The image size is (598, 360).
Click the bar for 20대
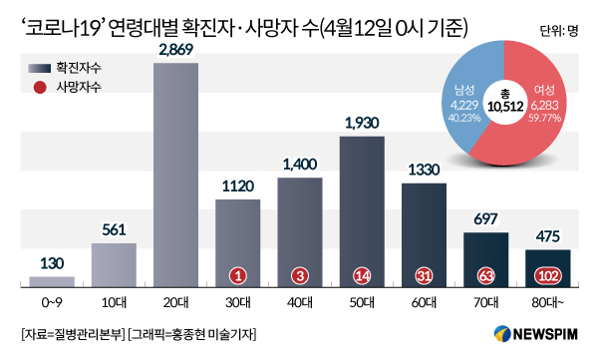coord(175,175)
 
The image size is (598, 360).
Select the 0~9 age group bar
coord(52,282)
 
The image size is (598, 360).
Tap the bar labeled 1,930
coord(362,211)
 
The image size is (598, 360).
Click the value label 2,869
coord(176,50)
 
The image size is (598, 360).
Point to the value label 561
coord(114,229)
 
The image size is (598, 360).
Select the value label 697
coord(485,219)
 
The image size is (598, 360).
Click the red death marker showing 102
coord(548,275)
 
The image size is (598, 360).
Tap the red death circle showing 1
coord(238,275)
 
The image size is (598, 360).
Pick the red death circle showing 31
coord(424,275)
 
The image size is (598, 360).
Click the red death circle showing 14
coord(362,275)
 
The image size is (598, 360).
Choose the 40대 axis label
coord(300,303)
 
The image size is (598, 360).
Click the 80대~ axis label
coord(548,303)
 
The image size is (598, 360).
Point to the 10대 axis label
coord(114,303)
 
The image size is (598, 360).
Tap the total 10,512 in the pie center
coord(505,106)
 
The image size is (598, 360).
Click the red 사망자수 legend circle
coord(40,88)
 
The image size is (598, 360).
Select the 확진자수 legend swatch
coord(40,69)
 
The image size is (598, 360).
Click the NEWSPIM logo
coord(536,334)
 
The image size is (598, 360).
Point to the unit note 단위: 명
coord(559,31)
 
